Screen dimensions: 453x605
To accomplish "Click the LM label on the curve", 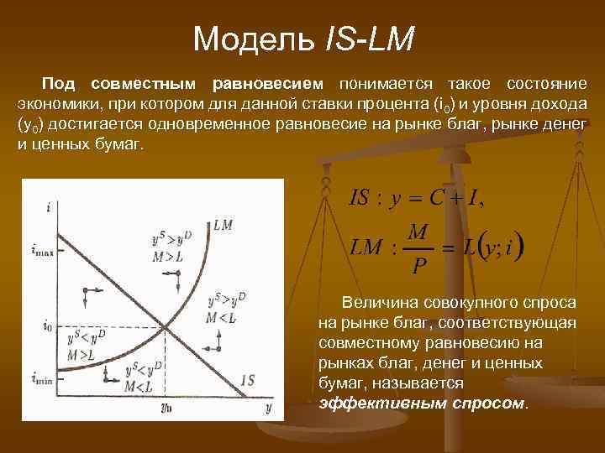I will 224,225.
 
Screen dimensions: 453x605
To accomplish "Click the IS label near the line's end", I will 247,380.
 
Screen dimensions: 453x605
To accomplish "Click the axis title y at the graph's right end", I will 269,408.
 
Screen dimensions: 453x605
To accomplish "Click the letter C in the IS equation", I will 436,198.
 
